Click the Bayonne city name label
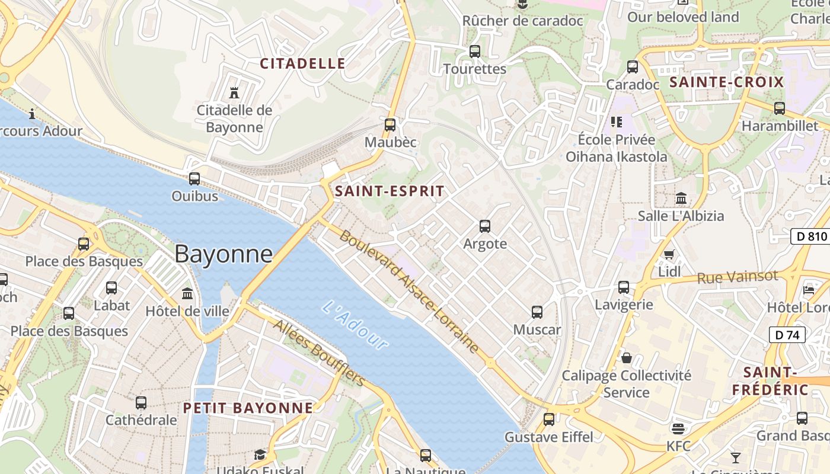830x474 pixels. pyautogui.click(x=224, y=254)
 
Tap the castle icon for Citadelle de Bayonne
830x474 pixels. pyautogui.click(x=234, y=92)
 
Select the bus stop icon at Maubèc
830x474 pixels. pyautogui.click(x=390, y=124)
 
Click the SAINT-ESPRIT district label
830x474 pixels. pyautogui.click(x=389, y=191)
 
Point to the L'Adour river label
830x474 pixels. pyautogui.click(x=355, y=325)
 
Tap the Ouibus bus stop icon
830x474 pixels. pyautogui.click(x=194, y=178)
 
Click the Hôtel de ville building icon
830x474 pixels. pyautogui.click(x=187, y=293)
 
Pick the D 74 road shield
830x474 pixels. pyautogui.click(x=787, y=335)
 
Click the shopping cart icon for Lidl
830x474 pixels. pyautogui.click(x=669, y=254)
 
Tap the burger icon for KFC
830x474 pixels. pyautogui.click(x=678, y=428)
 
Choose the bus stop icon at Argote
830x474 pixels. pyautogui.click(x=484, y=226)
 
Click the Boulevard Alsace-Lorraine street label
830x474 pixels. pyautogui.click(x=409, y=292)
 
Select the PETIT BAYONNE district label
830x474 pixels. pyautogui.click(x=248, y=408)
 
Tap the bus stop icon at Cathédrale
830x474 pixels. pyautogui.click(x=141, y=403)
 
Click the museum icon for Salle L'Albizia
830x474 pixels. pyautogui.click(x=681, y=198)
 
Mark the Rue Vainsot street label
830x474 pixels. pyautogui.click(x=737, y=277)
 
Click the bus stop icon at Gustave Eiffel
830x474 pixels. pyautogui.click(x=548, y=419)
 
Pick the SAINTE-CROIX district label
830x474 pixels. pyautogui.click(x=727, y=82)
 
